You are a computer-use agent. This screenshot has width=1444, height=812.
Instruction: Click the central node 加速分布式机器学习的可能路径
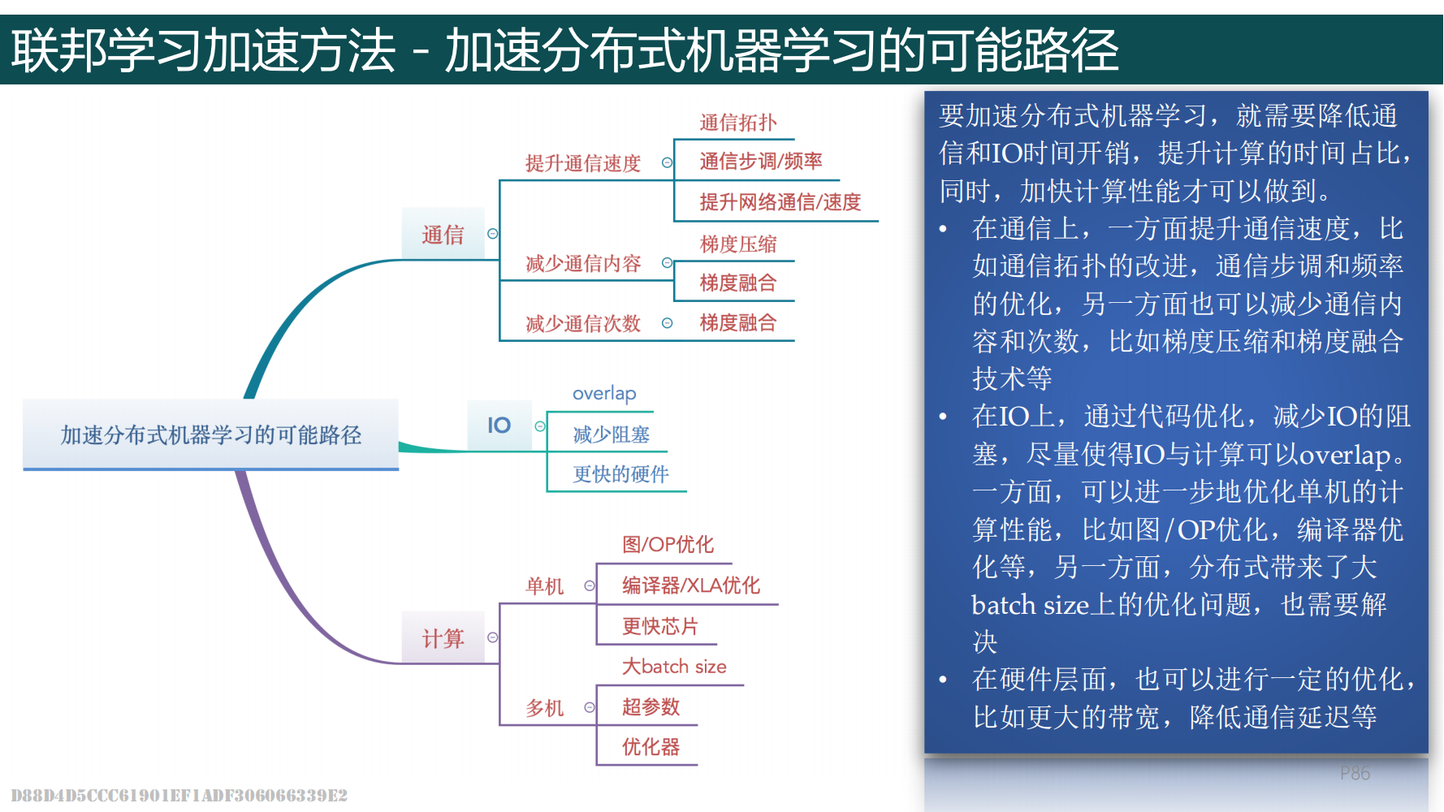click(210, 435)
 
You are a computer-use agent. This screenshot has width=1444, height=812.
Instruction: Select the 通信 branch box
click(443, 235)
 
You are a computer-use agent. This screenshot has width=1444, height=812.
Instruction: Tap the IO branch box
click(499, 425)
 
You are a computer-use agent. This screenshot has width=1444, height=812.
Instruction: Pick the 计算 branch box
click(443, 638)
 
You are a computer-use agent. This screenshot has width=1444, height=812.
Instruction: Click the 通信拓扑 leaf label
click(738, 123)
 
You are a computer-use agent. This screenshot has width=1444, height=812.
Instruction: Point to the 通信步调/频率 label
click(761, 161)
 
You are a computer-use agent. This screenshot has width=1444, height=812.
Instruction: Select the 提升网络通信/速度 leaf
click(780, 201)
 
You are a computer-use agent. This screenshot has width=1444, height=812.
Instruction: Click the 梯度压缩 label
click(738, 244)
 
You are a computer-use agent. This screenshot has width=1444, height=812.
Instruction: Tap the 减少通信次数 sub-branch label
click(583, 324)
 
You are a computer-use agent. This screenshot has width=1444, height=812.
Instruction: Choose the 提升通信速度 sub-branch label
click(583, 163)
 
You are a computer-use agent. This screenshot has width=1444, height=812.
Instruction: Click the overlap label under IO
click(604, 394)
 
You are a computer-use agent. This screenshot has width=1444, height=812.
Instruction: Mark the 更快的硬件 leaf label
click(620, 474)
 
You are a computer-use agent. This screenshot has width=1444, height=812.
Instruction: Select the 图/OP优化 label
click(668, 544)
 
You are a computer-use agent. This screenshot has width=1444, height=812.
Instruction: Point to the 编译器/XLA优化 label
click(691, 585)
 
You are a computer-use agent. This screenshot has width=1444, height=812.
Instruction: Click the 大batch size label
click(674, 667)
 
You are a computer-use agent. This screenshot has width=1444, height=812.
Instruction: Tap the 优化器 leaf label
click(651, 747)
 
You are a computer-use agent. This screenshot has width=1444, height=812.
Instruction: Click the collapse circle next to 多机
click(590, 708)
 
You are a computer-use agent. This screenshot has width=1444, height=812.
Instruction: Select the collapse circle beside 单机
click(590, 586)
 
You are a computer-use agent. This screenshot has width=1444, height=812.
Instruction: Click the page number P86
click(1355, 774)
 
